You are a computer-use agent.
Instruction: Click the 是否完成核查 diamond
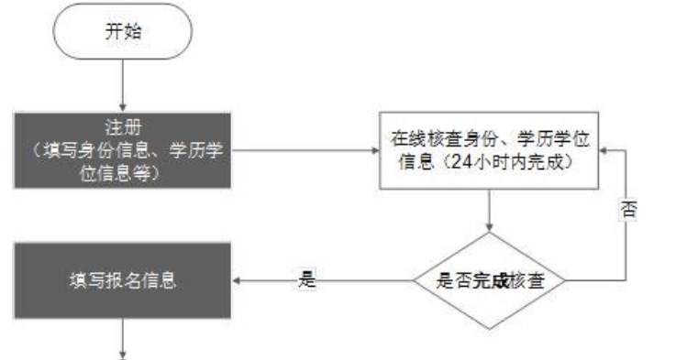tap(488, 281)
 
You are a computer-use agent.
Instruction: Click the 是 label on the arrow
tap(307, 280)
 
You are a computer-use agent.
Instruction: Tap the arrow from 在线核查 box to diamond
tap(488, 213)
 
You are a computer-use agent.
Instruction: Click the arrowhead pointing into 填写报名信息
tap(238, 281)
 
